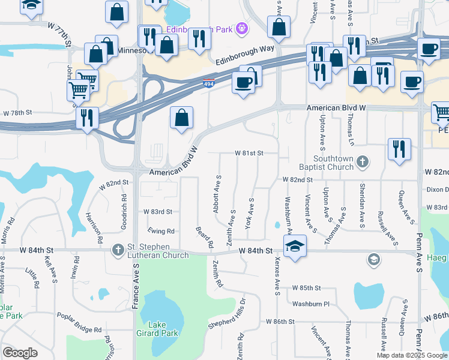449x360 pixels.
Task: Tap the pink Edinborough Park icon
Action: tap(241, 27)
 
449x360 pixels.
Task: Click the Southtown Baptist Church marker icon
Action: tap(362, 161)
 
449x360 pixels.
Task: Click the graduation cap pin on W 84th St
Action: tap(295, 246)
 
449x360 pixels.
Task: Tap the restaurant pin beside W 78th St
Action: tap(87, 118)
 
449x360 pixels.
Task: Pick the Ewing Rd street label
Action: tap(162, 231)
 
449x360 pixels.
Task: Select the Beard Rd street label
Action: tap(205, 237)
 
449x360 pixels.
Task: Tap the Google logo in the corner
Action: tap(20, 353)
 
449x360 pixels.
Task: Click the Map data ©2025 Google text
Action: tap(411, 355)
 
